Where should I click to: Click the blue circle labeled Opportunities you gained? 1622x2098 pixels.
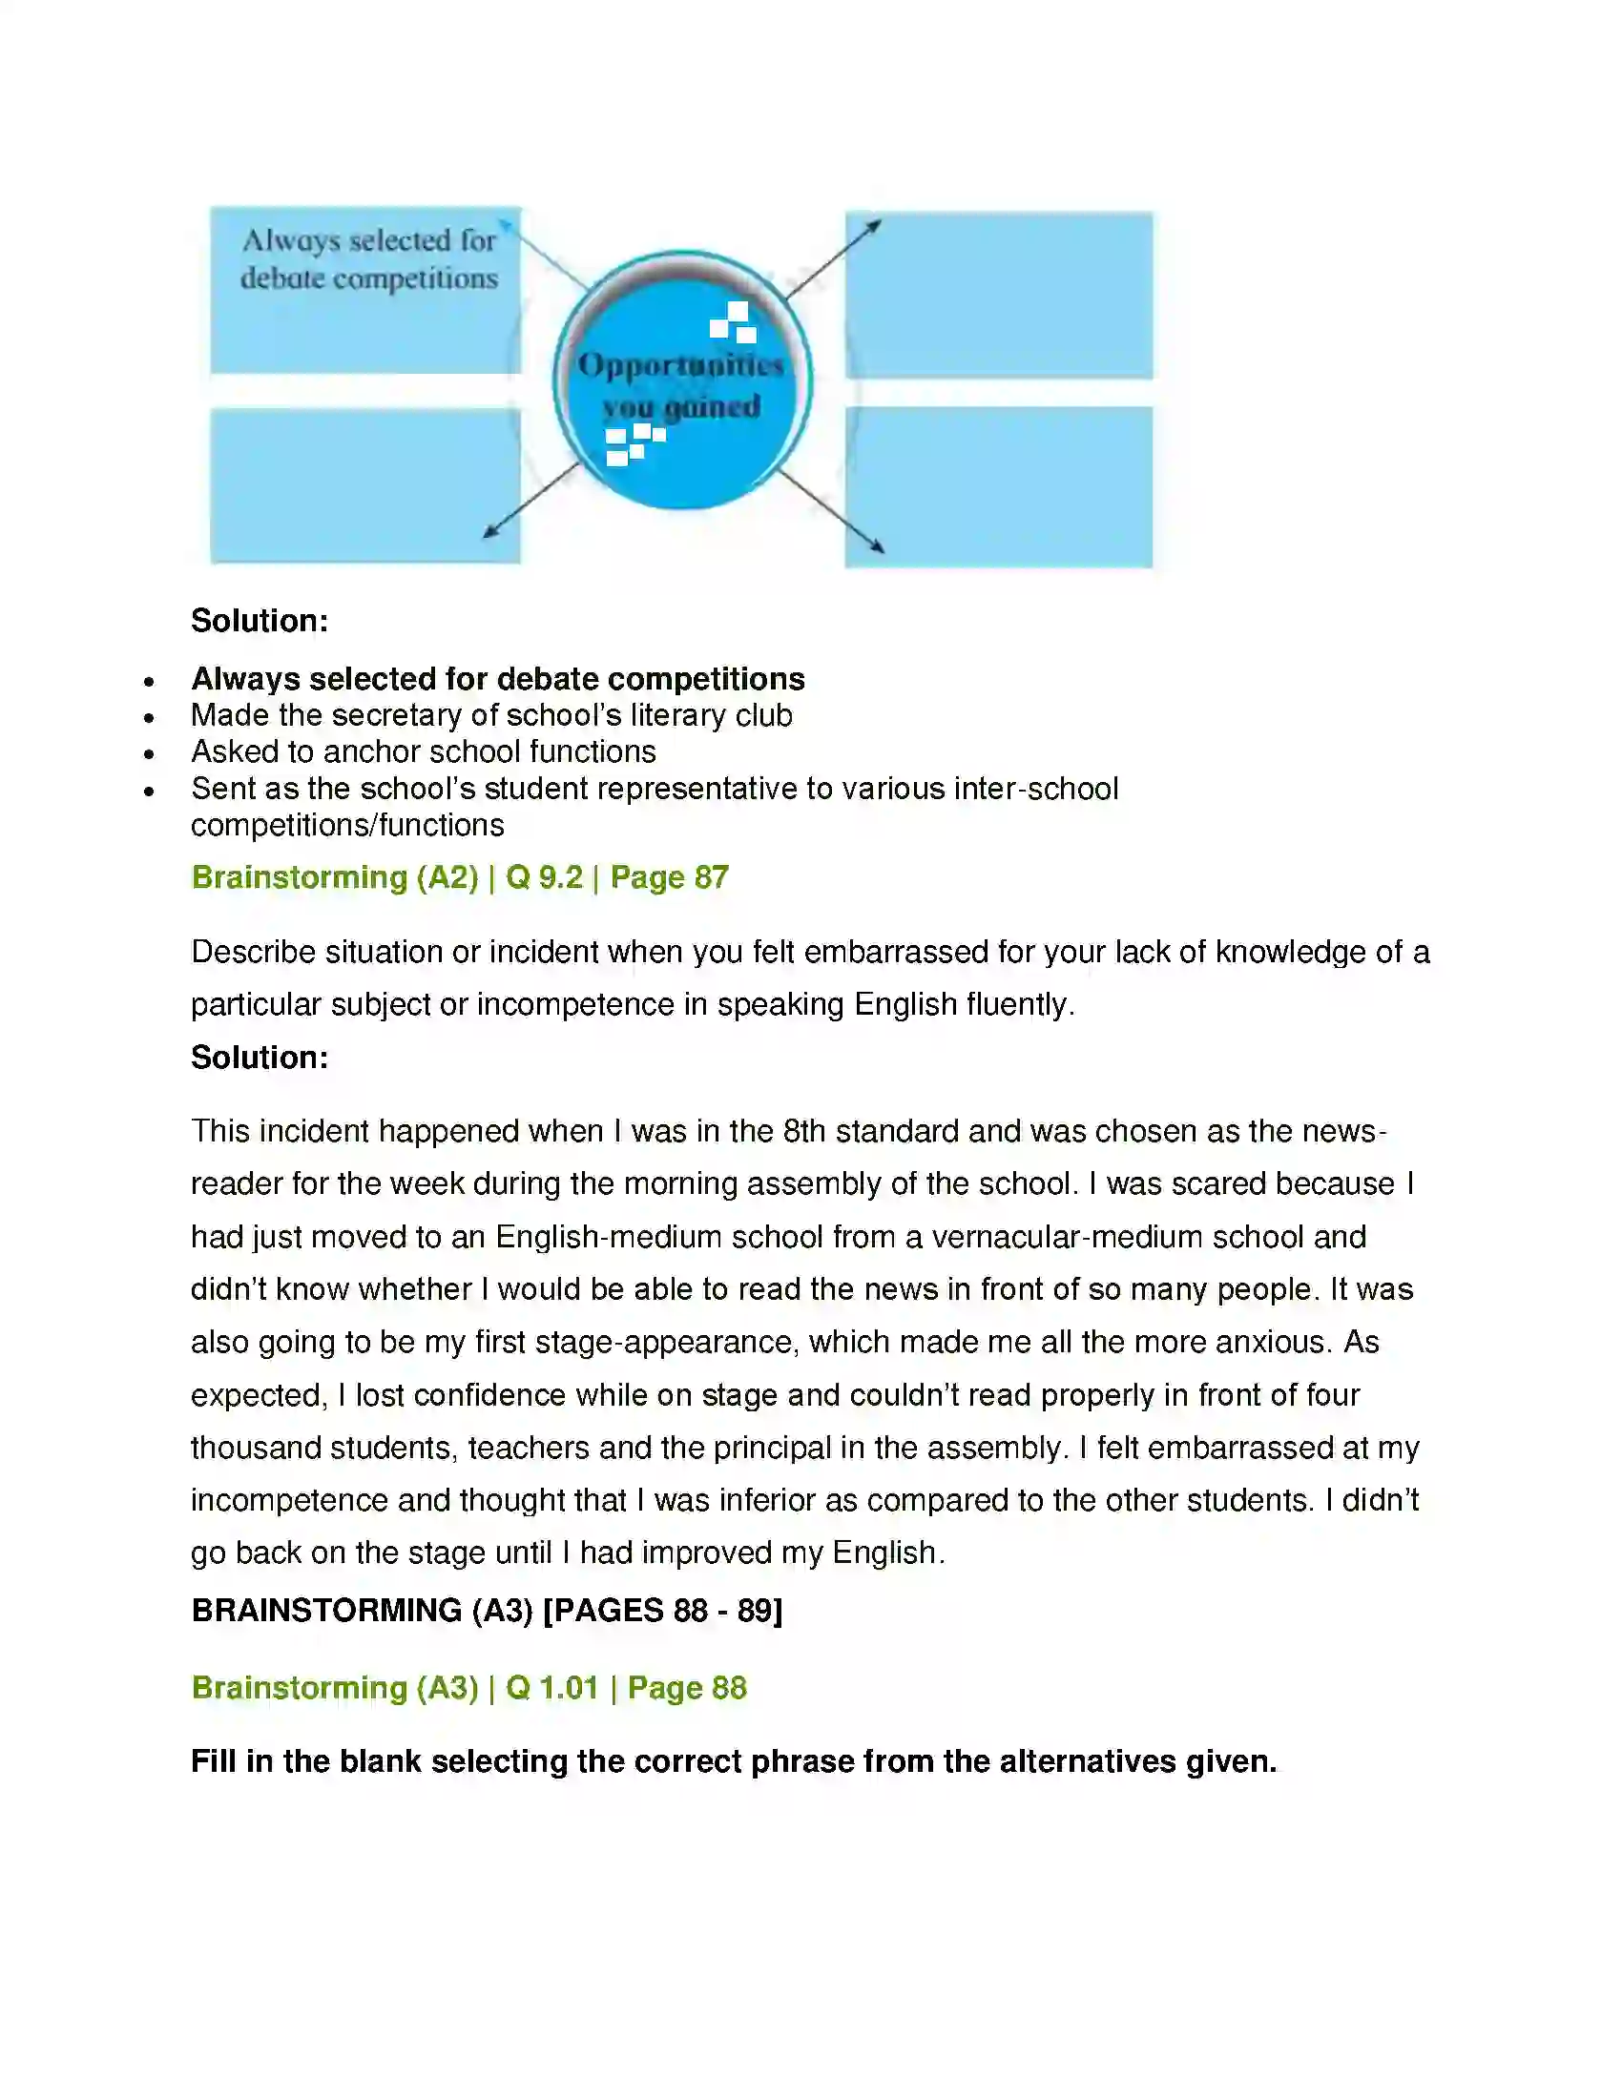tap(682, 381)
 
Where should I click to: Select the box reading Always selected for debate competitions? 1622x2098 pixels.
tap(366, 289)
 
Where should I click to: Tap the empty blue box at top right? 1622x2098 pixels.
tap(998, 295)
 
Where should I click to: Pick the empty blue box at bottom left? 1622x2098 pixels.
tap(365, 485)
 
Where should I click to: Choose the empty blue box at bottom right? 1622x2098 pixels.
tap(998, 487)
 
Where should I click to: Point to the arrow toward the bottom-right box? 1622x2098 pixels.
tap(830, 511)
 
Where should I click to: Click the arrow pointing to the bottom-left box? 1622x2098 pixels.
tap(530, 500)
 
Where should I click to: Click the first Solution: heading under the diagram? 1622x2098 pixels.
tap(260, 621)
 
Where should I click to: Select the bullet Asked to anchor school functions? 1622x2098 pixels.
tap(423, 751)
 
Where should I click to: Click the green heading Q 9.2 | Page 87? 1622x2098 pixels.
tap(617, 877)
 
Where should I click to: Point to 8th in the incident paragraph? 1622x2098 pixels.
tap(803, 1131)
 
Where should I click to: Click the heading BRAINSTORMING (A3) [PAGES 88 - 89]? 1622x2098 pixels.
tap(487, 1610)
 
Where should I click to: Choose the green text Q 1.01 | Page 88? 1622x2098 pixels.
tap(626, 1688)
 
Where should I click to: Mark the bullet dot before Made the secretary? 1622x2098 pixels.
tap(149, 717)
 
